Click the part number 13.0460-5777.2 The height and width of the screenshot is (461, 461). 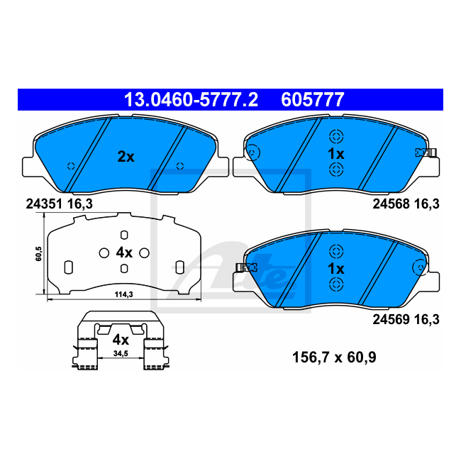[191, 100]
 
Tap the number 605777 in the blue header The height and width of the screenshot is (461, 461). [313, 100]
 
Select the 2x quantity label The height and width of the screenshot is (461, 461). [126, 157]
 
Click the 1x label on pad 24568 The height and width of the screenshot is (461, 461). [336, 154]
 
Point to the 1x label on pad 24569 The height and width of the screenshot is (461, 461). [336, 268]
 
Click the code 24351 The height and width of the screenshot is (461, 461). [44, 204]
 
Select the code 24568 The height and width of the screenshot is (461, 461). [391, 204]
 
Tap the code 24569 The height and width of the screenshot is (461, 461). [391, 319]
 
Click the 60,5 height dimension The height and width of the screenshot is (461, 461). [38, 254]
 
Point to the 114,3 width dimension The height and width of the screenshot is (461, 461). [124, 294]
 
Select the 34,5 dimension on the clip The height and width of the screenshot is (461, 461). [121, 353]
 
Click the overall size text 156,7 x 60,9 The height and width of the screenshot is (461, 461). [334, 357]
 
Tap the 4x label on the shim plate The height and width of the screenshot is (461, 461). [124, 252]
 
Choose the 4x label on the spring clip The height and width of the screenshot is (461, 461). [121, 340]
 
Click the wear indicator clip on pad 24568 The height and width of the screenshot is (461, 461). [426, 152]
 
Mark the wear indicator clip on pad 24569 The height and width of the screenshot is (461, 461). [247, 267]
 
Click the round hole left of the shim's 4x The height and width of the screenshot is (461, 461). [104, 253]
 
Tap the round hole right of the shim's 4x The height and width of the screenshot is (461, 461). [144, 253]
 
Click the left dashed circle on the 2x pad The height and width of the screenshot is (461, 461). [71, 166]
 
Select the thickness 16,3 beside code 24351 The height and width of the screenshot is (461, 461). [80, 204]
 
